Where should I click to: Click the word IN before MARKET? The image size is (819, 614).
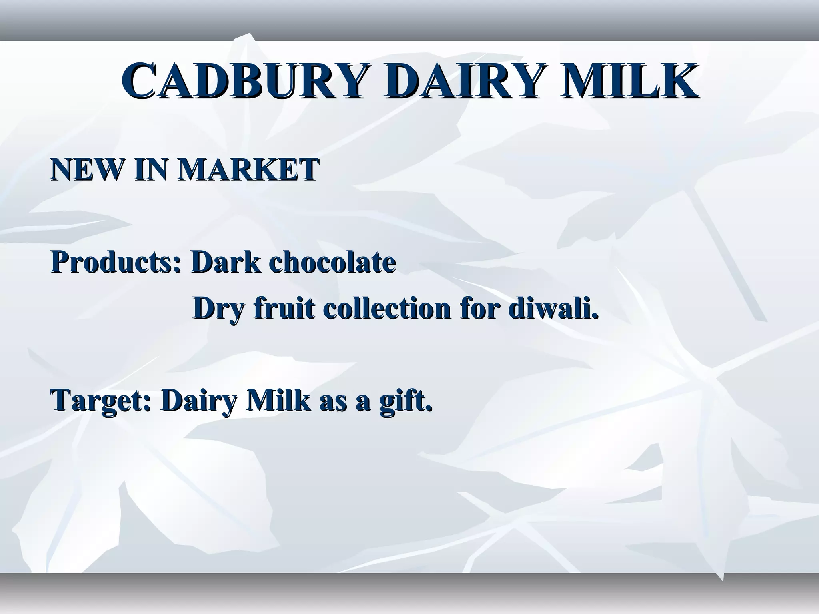(x=152, y=169)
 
